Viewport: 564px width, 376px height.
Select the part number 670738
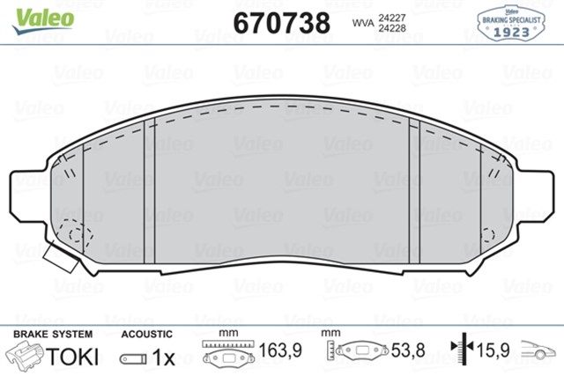pyautogui.click(x=281, y=21)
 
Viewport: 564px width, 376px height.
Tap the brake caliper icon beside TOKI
pyautogui.click(x=26, y=356)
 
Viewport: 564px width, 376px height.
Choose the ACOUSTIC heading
pyautogui.click(x=146, y=335)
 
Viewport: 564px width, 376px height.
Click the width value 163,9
pyautogui.click(x=281, y=351)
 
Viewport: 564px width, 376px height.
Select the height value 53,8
pyautogui.click(x=407, y=351)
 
